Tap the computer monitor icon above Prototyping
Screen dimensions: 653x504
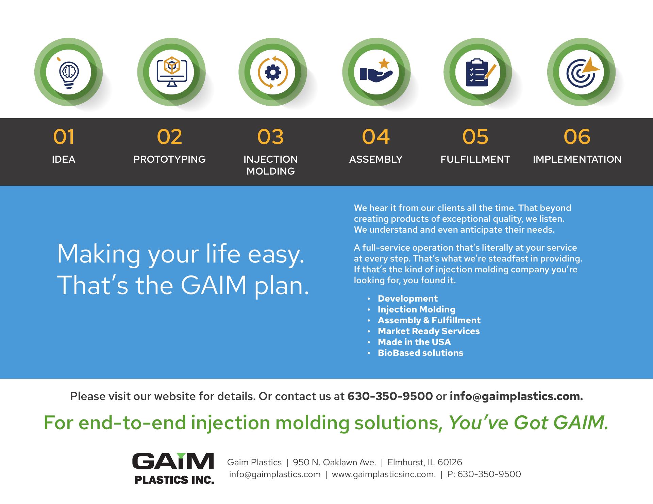[x=172, y=72]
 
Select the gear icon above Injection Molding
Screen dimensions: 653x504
[x=273, y=72]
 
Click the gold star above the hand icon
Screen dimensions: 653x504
[x=384, y=62]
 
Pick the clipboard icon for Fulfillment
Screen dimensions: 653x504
[x=479, y=73]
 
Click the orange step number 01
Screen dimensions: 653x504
[x=64, y=137]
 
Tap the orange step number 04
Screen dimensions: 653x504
[x=376, y=137]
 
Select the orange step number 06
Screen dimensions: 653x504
[x=577, y=137]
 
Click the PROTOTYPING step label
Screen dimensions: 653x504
[x=169, y=159]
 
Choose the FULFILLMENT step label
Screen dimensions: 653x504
[x=475, y=159]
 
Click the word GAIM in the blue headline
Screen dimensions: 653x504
[x=214, y=285]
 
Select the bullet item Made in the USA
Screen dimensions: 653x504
[x=414, y=342]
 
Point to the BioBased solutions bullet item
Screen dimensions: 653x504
[x=420, y=353]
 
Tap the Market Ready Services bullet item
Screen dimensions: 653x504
[x=429, y=331]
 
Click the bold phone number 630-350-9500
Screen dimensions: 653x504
[x=390, y=396]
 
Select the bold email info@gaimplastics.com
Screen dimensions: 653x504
[x=516, y=396]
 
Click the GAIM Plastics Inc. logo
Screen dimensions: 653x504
[x=173, y=468]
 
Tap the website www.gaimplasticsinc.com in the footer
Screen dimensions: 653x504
[x=384, y=474]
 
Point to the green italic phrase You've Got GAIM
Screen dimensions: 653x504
[x=529, y=423]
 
